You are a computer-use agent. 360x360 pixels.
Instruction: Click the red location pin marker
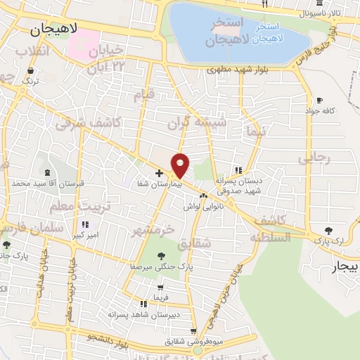pyautogui.click(x=181, y=165)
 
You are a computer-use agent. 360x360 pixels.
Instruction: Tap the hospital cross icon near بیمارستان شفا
pyautogui.click(x=159, y=172)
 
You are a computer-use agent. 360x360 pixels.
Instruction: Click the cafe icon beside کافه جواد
pyautogui.click(x=321, y=101)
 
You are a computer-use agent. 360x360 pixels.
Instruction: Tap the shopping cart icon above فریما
pyautogui.click(x=161, y=287)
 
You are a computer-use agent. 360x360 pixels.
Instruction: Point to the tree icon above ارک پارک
pyautogui.click(x=328, y=231)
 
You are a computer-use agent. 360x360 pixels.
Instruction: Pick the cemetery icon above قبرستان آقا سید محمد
pyautogui.click(x=47, y=173)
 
